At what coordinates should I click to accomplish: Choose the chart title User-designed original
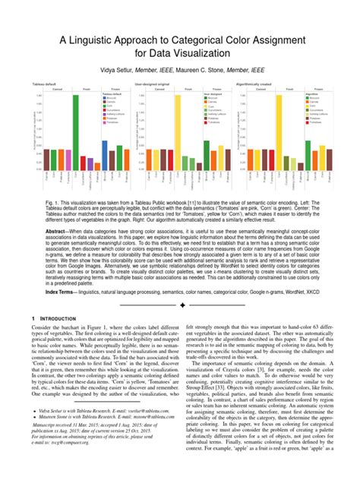[x=153, y=85]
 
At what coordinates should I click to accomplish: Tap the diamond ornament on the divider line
[x=180, y=305]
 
